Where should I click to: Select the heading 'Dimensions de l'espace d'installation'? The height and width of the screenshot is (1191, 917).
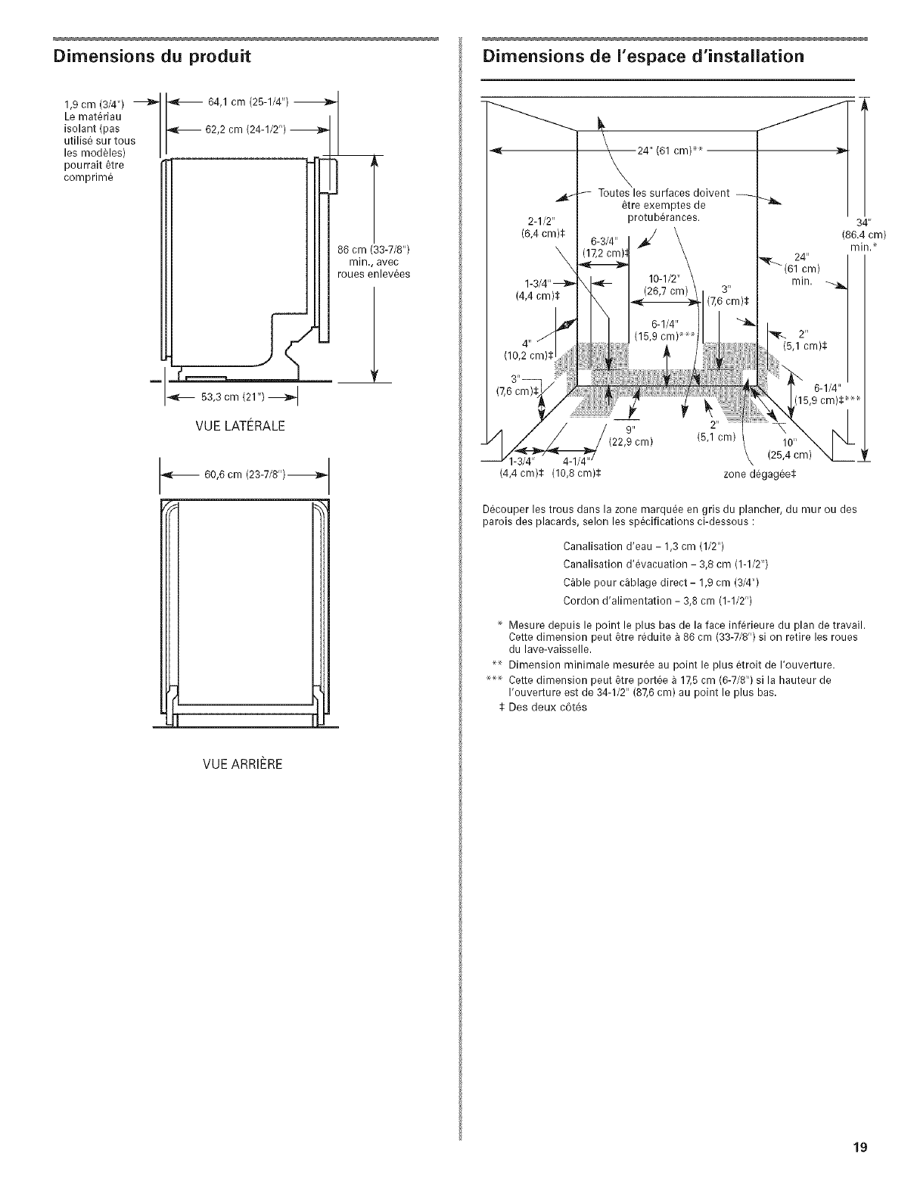pyautogui.click(x=643, y=56)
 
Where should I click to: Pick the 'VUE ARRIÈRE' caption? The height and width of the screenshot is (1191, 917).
pyautogui.click(x=236, y=764)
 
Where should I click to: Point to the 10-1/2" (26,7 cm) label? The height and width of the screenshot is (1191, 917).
pyautogui.click(x=664, y=285)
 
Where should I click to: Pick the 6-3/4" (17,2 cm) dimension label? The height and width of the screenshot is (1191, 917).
pyautogui.click(x=602, y=245)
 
